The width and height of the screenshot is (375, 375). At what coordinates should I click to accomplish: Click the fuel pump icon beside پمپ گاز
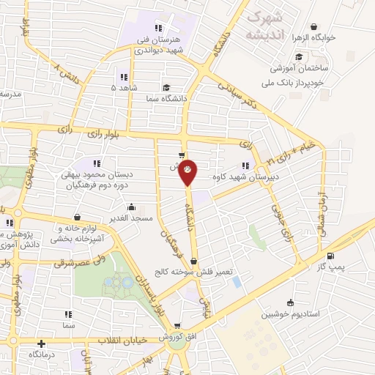pos(331,256)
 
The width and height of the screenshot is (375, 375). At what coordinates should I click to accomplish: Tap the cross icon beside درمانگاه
pos(41,343)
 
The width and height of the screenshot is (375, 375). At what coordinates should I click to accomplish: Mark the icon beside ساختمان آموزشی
pos(298,56)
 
